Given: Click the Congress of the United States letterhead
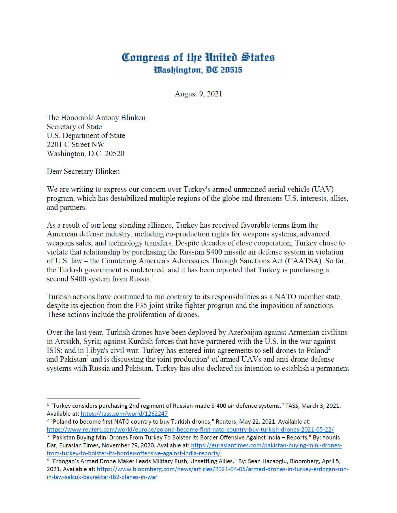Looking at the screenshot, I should click(x=198, y=57).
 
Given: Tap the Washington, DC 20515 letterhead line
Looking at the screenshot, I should click(x=198, y=70).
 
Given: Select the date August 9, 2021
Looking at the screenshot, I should click(x=198, y=94).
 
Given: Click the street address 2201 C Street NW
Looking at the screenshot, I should click(x=76, y=145).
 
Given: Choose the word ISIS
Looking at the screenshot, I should click(x=54, y=350).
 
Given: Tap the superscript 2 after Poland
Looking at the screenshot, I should click(x=329, y=348).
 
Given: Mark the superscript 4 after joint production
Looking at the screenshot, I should click(x=208, y=357).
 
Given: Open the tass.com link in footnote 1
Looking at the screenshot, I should click(x=124, y=414).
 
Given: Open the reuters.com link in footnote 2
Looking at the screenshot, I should click(x=190, y=429).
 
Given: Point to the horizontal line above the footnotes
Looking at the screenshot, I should click(x=93, y=398).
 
